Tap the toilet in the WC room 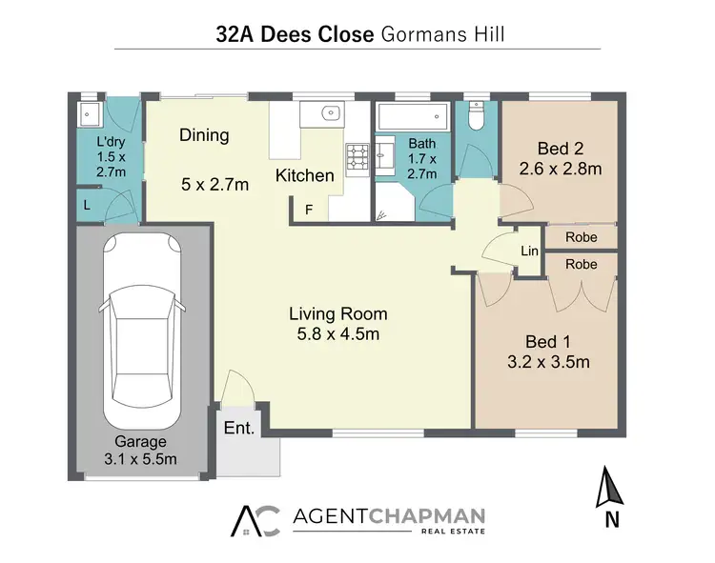tap(476, 118)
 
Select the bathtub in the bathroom tap(407, 119)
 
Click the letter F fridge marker tap(308, 209)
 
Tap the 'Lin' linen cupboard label tap(530, 251)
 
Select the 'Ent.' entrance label tap(239, 428)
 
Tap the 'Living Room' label tap(338, 313)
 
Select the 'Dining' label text tap(204, 135)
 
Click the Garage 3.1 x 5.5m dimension tap(141, 460)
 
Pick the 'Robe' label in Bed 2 tap(581, 236)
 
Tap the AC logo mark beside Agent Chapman tap(257, 519)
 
